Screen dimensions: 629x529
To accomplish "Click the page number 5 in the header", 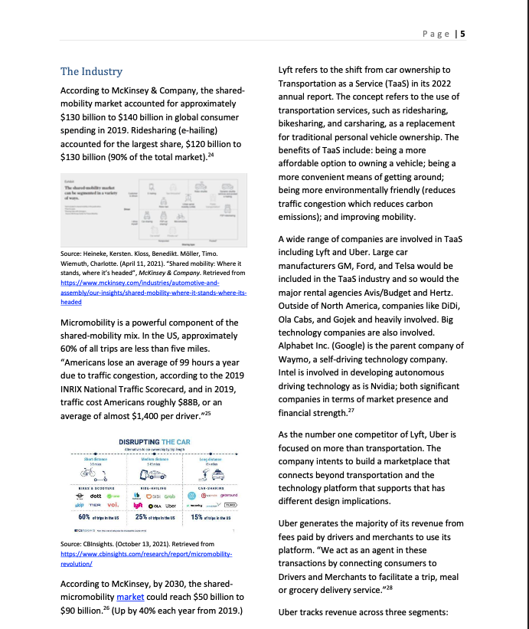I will (x=463, y=34).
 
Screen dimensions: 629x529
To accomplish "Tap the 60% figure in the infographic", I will (x=69, y=517).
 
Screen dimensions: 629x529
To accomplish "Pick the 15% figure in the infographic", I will (x=196, y=517).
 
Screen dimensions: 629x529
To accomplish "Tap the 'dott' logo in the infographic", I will (x=96, y=495).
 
